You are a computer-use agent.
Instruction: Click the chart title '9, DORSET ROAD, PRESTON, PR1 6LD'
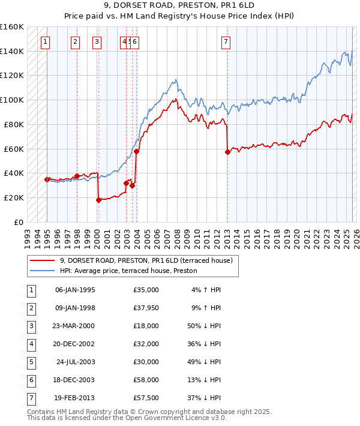(179, 5)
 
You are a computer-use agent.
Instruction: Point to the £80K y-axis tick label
(14, 124)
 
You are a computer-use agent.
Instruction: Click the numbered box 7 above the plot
(226, 42)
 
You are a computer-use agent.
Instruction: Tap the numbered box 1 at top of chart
(46, 42)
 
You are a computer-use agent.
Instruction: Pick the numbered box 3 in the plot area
(97, 42)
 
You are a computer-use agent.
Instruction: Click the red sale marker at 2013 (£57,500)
(227, 152)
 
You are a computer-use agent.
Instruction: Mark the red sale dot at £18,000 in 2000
(98, 200)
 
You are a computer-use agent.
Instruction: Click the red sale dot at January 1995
(47, 179)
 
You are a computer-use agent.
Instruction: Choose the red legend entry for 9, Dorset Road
(149, 260)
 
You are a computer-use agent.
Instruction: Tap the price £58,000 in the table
(146, 380)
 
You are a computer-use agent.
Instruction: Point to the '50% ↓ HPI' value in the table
(204, 326)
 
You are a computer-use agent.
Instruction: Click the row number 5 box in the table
(31, 362)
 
